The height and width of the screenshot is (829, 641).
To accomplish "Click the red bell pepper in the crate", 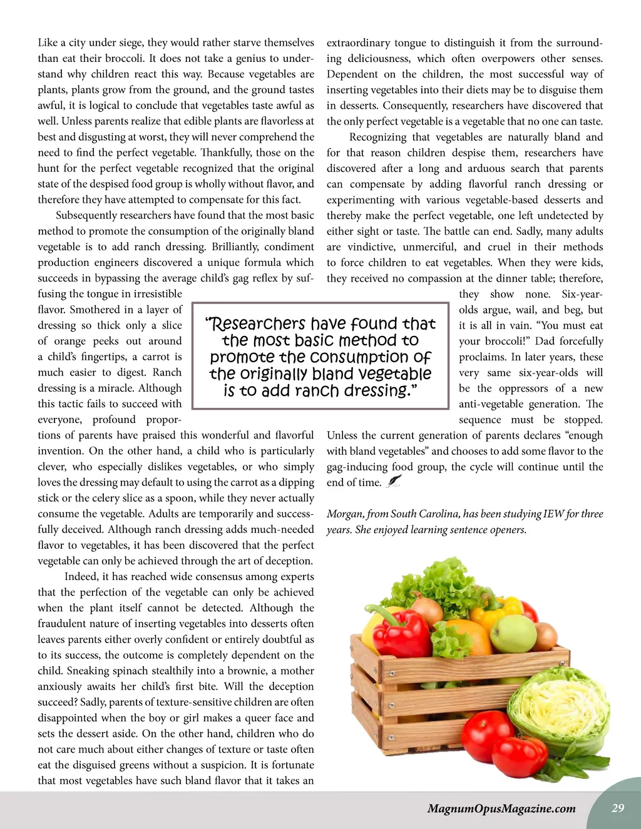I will pos(401,632).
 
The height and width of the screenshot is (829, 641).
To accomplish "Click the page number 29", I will pos(618,808).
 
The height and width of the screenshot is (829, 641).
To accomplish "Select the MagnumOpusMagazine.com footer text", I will pos(501,808).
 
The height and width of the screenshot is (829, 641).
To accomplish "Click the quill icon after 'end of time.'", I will pos(394,481).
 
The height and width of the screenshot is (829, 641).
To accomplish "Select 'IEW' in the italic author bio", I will pos(553,514).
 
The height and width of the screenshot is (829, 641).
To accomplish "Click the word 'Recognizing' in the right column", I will pos(377,137).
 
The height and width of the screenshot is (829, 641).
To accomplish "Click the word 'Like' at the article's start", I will pos(48,43).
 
